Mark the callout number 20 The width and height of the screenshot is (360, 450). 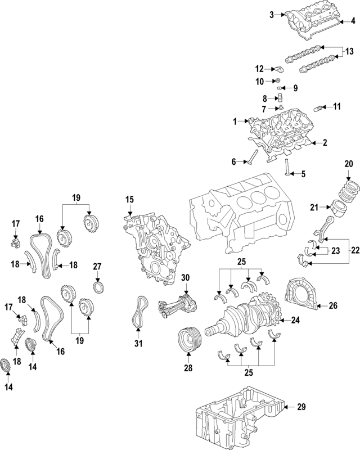349,164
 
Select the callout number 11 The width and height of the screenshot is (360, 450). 336,106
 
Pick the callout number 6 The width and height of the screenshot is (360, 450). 233,161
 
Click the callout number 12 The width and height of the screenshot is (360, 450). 259,69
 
